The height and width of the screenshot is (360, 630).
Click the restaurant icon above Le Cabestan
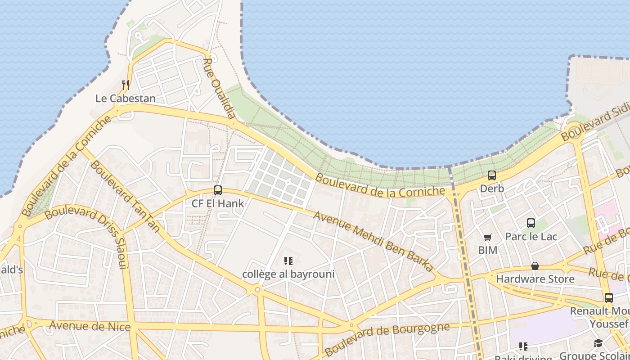pos(126,84)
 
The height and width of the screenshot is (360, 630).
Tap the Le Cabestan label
pos(126,98)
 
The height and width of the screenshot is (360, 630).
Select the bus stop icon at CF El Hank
pos(218,190)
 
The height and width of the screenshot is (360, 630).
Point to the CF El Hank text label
pos(218,203)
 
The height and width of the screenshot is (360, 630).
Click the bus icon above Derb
pos(492,175)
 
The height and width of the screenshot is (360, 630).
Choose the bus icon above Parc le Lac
pos(531,223)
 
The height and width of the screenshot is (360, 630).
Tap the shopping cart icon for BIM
pos(487,237)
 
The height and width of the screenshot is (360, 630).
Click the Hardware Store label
pos(535,279)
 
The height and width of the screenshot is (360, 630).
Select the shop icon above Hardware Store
pos(535,266)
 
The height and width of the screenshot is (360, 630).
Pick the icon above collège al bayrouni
pos(288,261)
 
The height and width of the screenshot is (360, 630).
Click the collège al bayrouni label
pos(288,274)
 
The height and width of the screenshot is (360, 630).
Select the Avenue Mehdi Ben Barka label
pos(373,242)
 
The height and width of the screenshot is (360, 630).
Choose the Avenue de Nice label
pos(90,326)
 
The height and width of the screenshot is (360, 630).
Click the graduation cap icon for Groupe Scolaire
pos(598,344)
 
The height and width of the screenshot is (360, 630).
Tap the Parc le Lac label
pos(531,237)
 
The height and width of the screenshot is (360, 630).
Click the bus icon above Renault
pos(608,297)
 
